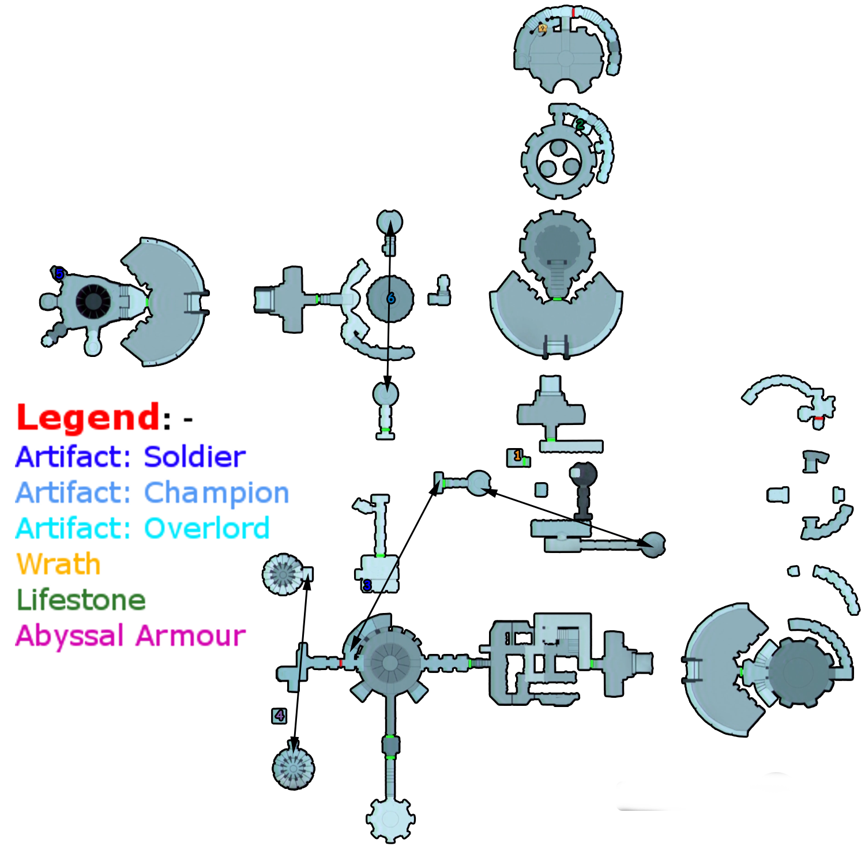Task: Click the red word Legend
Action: (88, 418)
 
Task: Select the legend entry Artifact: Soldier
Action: (131, 457)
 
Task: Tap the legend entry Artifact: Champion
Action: (152, 493)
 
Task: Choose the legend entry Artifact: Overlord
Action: (142, 528)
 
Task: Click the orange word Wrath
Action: (58, 564)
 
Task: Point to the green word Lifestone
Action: (81, 600)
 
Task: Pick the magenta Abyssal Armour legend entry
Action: (131, 635)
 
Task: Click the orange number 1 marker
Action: (517, 456)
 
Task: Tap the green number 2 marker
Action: (580, 124)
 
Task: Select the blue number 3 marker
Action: (367, 585)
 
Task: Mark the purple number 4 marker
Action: (280, 716)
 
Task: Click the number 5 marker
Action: (59, 274)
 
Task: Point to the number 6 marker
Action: (391, 298)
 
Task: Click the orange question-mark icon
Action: (542, 28)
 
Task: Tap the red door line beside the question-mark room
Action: (574, 12)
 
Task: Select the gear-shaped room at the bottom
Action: (390, 819)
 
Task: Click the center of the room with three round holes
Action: (559, 160)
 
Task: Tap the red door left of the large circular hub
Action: (341, 663)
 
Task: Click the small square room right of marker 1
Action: (541, 490)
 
